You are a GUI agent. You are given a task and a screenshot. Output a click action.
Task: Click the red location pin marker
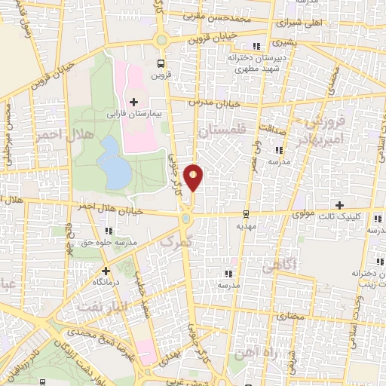195,177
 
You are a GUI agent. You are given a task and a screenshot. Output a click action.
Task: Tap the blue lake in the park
114,163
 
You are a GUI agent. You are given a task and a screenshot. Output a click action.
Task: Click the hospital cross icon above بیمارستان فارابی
134,102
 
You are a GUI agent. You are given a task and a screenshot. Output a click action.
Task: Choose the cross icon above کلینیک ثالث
339,205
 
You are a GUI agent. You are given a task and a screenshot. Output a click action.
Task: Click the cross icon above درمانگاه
106,270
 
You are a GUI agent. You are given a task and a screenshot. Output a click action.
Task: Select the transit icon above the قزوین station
160,64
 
